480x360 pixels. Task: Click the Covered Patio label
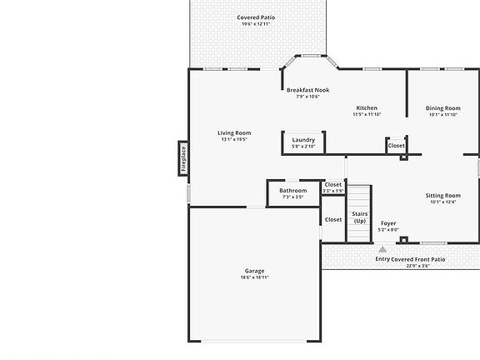tap(255, 17)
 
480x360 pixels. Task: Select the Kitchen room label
tap(367, 107)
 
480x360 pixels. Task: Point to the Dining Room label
tap(442, 107)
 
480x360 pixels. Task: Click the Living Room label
tap(234, 132)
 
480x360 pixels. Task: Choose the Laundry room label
tap(303, 139)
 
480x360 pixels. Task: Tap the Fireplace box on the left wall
tap(183, 158)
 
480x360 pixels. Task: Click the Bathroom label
tap(293, 191)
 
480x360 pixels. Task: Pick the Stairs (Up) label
tap(359, 217)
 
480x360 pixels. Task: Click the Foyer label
tap(388, 223)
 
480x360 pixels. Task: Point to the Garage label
tap(254, 271)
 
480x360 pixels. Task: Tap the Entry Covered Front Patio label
tap(410, 259)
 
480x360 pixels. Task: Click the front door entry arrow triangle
tap(382, 248)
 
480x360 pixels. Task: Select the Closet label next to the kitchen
tap(397, 145)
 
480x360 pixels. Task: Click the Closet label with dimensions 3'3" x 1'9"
tap(333, 184)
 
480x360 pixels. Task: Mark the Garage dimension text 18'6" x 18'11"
tap(254, 277)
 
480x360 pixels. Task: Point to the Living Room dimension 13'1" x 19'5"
tap(234, 139)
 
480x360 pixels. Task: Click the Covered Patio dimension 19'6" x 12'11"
tap(255, 24)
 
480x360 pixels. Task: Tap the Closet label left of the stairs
tap(333, 219)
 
